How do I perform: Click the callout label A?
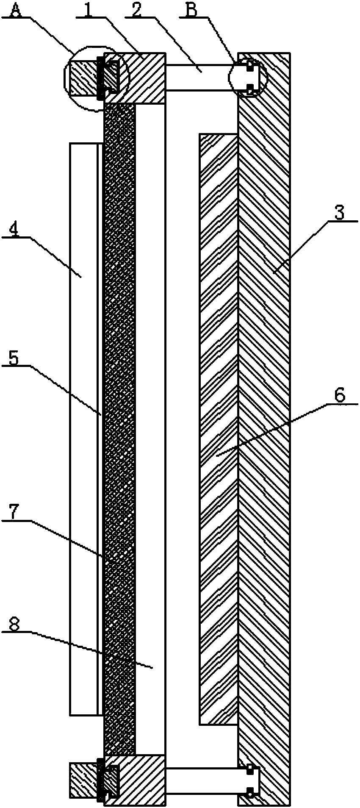click(16, 9)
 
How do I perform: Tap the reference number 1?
click(88, 9)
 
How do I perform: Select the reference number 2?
click(136, 9)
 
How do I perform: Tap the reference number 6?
click(340, 396)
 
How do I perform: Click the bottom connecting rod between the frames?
click(201, 780)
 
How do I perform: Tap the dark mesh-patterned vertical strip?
click(119, 424)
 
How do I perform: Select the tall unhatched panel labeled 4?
click(83, 424)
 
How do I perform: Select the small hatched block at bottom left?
click(83, 780)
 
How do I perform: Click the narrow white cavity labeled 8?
click(150, 424)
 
